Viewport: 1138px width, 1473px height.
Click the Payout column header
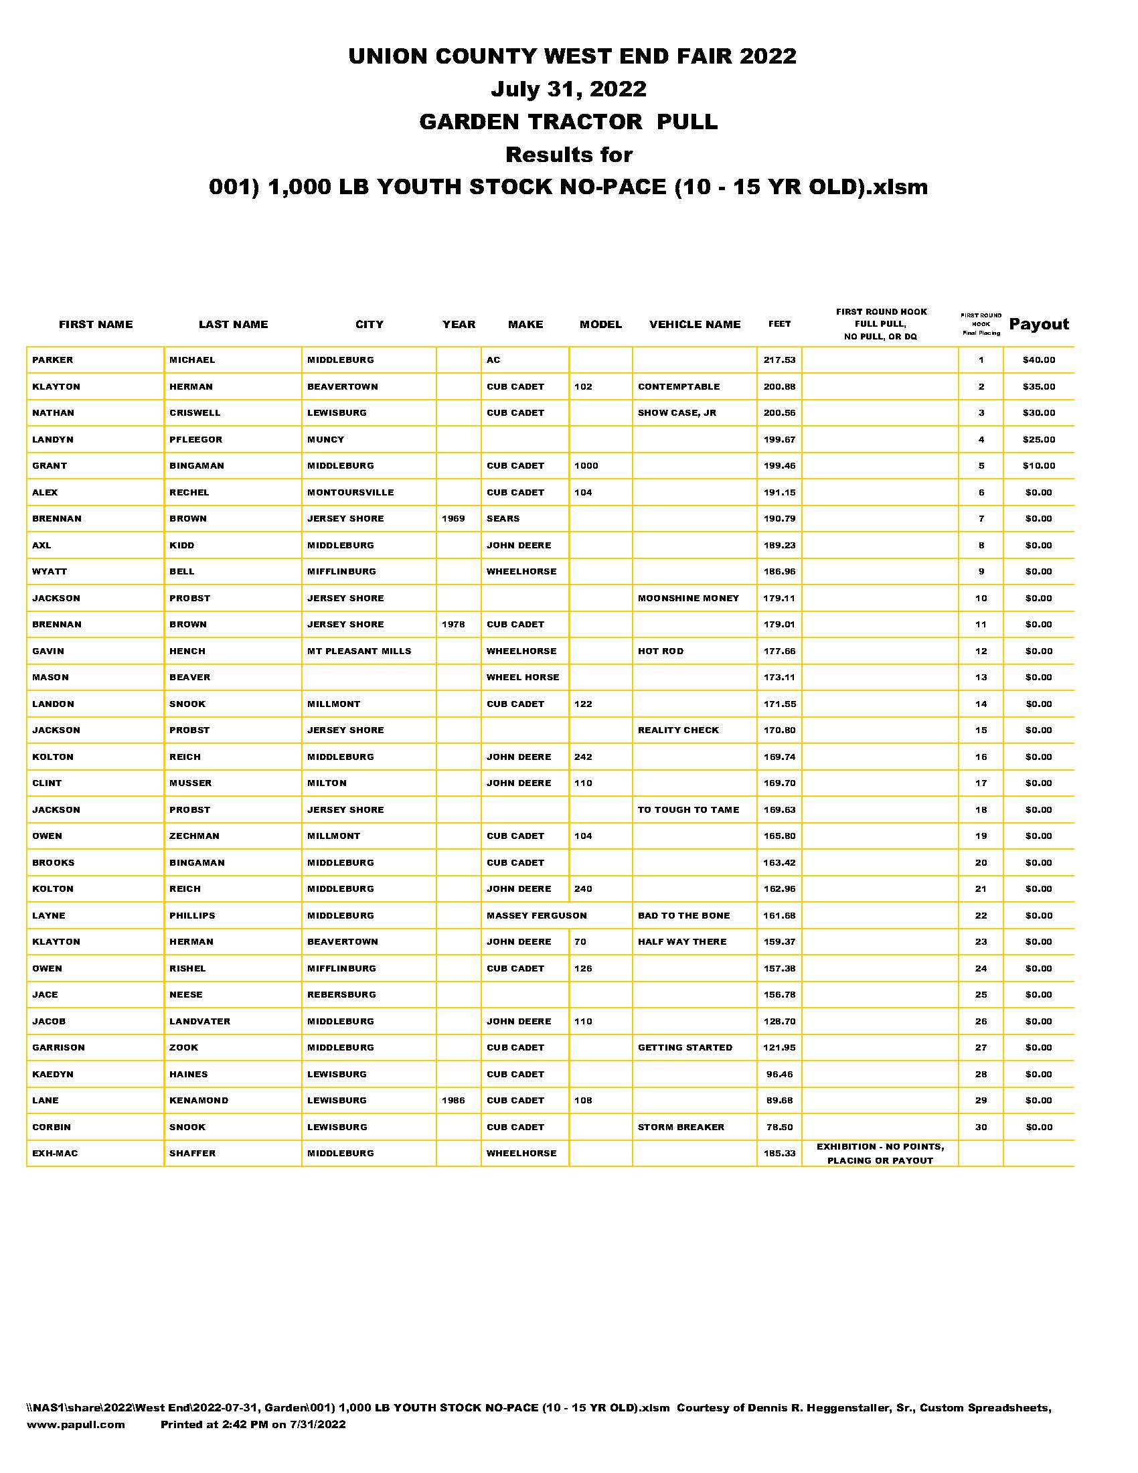[x=1038, y=325]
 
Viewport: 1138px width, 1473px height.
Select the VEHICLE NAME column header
[x=694, y=325]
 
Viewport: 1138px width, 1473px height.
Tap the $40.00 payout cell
[x=1038, y=360]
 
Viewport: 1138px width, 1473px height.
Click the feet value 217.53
[x=779, y=360]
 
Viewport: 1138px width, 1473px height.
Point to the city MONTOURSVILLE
[x=350, y=492]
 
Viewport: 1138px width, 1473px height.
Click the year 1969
[x=453, y=519]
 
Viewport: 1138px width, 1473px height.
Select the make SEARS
[x=503, y=519]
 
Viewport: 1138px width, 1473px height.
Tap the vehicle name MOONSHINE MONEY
[x=687, y=598]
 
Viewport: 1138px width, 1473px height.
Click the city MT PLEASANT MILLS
[x=359, y=651]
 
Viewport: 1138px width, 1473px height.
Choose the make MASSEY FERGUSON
[x=536, y=915]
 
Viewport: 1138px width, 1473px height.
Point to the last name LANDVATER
[x=199, y=1021]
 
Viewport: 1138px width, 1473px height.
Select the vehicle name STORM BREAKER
[x=681, y=1127]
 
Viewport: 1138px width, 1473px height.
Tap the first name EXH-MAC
[x=55, y=1154]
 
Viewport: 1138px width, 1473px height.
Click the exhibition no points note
[x=880, y=1154]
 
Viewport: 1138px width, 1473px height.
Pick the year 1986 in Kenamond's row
[x=453, y=1100]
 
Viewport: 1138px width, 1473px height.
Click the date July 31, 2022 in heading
[x=568, y=88]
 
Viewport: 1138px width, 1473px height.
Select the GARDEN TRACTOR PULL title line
[x=568, y=121]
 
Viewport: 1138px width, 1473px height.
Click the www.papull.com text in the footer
[x=76, y=1424]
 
